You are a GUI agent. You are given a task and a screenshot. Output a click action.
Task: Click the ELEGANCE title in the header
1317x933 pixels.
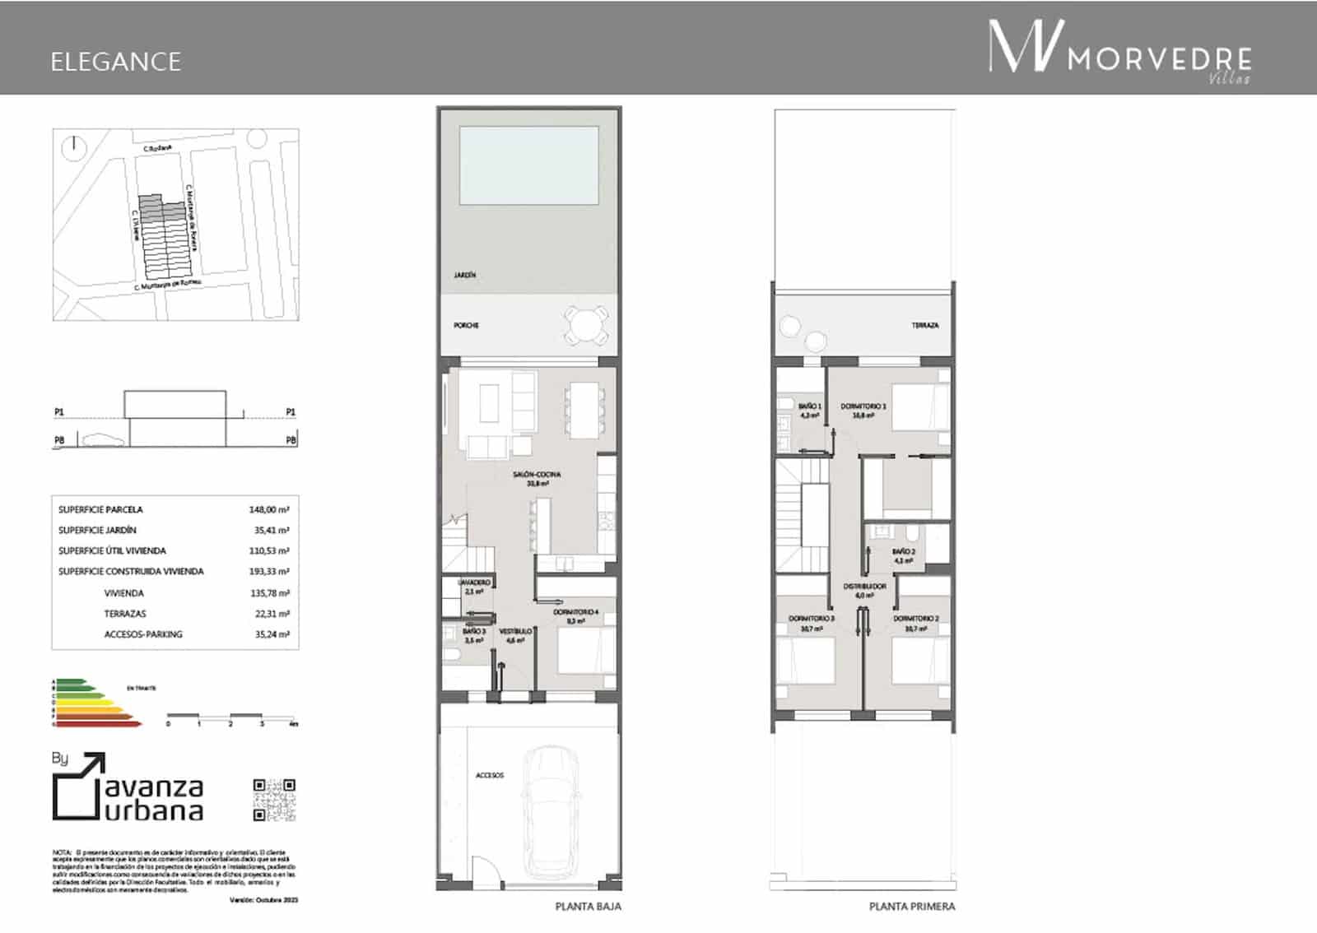(115, 62)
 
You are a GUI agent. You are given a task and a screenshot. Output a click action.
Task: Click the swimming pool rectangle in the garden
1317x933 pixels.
(528, 165)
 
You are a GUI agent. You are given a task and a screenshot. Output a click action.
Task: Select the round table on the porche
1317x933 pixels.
(587, 326)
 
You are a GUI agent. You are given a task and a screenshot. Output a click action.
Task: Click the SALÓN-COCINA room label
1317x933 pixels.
(537, 476)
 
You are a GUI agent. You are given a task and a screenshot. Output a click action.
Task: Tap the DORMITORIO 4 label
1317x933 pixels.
(575, 613)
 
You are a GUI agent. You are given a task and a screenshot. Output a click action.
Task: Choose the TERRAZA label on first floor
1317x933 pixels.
(924, 326)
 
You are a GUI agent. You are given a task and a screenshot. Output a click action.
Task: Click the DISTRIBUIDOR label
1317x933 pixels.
(864, 587)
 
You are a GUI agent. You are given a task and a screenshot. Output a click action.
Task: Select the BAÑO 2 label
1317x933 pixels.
(903, 552)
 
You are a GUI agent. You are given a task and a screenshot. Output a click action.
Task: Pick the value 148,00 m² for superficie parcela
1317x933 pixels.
(268, 510)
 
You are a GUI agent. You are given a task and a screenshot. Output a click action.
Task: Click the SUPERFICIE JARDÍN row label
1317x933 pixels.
(97, 531)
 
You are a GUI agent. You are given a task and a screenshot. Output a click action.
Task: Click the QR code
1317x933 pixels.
(273, 800)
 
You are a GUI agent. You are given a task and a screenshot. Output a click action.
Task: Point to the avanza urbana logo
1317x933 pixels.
(128, 788)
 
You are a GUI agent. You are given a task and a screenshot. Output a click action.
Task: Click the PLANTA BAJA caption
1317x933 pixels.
(588, 907)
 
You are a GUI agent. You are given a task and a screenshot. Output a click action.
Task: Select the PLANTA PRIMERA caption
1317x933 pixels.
(912, 907)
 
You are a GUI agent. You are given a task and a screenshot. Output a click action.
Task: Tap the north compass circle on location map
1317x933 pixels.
(74, 147)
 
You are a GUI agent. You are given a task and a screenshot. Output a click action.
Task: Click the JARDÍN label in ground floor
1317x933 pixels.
(465, 276)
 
